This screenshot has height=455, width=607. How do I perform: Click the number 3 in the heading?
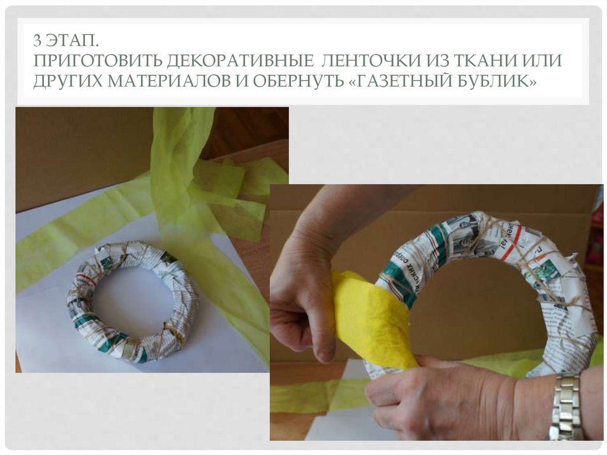click(37, 42)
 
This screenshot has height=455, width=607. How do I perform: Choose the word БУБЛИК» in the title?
click(504, 81)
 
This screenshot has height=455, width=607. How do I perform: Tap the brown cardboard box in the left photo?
click(77, 148)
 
